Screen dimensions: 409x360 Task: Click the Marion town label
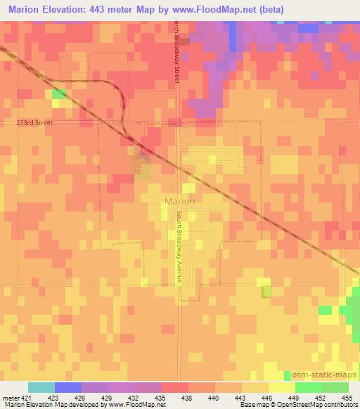(x=179, y=201)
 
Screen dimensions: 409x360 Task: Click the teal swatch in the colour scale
(x=41, y=387)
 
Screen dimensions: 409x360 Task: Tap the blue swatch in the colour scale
(x=68, y=387)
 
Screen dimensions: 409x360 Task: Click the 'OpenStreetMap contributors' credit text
(x=316, y=405)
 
